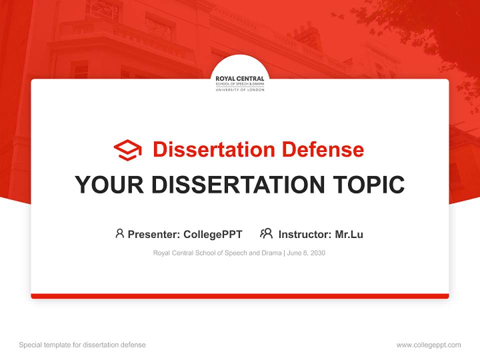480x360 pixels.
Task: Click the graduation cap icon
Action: (127, 150)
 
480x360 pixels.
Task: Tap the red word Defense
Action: (323, 149)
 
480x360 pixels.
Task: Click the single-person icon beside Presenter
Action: (119, 233)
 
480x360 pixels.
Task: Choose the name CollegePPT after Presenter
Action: (213, 234)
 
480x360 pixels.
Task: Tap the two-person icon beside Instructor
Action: (266, 233)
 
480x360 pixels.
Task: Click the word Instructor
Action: (305, 234)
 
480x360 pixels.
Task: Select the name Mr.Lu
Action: (349, 234)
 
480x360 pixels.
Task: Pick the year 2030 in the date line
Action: (317, 253)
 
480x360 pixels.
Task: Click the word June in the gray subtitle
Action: (293, 253)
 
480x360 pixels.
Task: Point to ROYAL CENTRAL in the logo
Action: (239, 78)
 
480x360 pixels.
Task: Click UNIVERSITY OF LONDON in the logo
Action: (240, 90)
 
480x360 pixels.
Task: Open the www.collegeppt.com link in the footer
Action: (429, 345)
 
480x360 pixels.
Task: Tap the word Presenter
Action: (153, 234)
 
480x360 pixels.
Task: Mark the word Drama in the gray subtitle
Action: (272, 253)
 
